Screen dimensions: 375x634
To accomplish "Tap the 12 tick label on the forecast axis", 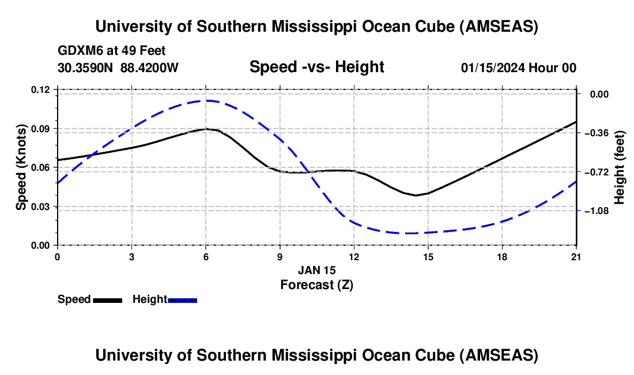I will pyautogui.click(x=354, y=256).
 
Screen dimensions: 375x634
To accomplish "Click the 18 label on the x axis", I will pyautogui.click(x=503, y=256).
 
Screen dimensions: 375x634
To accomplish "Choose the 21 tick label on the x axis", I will pyautogui.click(x=576, y=256).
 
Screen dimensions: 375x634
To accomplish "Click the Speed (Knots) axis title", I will pyautogui.click(x=21, y=167).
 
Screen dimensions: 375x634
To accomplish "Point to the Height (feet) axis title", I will pyautogui.click(x=620, y=167).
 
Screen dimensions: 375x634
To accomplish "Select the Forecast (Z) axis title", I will pyautogui.click(x=316, y=284).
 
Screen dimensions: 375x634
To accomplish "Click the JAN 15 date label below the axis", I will pyautogui.click(x=316, y=270).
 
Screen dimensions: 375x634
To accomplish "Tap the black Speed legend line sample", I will pyautogui.click(x=107, y=300).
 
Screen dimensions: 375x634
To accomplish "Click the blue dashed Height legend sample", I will pyautogui.click(x=183, y=300).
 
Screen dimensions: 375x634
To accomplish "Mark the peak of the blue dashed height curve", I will pyautogui.click(x=206, y=100).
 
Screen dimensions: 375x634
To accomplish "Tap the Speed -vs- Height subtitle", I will pyautogui.click(x=316, y=67).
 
